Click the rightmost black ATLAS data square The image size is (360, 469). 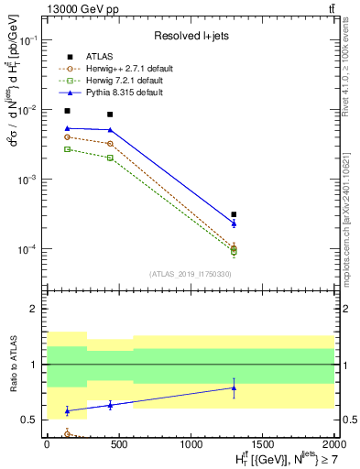pyautogui.click(x=234, y=214)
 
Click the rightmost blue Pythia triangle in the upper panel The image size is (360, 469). pyautogui.click(x=234, y=223)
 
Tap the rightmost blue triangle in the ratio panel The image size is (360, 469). pyautogui.click(x=234, y=387)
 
